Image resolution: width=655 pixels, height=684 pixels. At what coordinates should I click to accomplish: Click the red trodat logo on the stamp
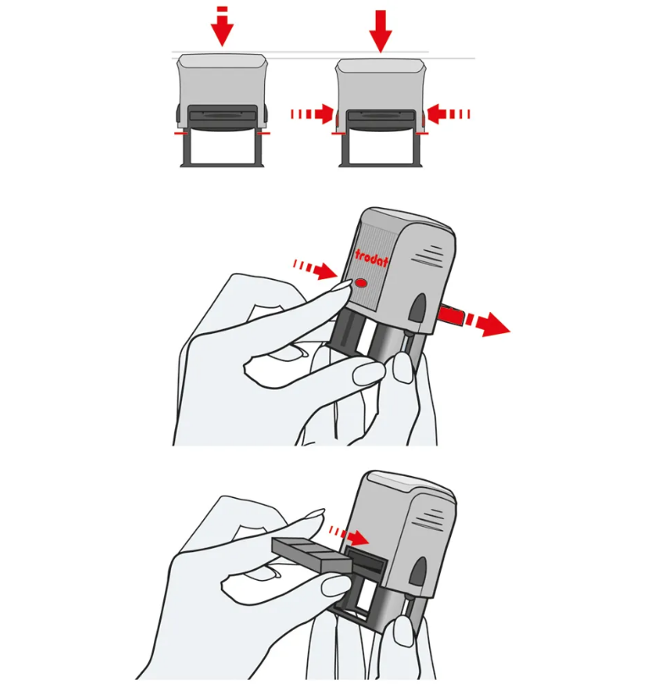tap(372, 258)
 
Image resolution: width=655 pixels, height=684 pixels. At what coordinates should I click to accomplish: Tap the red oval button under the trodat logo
tap(361, 283)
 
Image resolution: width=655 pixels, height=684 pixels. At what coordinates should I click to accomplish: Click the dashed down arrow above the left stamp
tap(223, 26)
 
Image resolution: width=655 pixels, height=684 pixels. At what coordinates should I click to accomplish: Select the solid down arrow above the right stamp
tap(381, 30)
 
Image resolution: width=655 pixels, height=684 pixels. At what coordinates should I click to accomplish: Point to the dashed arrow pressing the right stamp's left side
tap(312, 114)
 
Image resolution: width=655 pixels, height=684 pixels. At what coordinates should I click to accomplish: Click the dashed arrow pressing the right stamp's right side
tap(449, 114)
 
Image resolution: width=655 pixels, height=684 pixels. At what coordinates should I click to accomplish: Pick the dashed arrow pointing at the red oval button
tap(316, 269)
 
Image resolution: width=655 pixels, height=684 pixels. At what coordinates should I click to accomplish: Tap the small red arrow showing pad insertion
tap(350, 536)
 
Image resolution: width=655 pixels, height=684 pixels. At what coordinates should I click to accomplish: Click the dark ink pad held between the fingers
tap(311, 554)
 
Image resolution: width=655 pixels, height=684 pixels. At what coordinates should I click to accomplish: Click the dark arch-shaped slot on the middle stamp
tap(417, 308)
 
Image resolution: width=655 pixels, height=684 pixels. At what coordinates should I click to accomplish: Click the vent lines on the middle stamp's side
tap(427, 254)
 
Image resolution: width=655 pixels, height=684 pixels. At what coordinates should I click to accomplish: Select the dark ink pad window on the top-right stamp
tap(381, 117)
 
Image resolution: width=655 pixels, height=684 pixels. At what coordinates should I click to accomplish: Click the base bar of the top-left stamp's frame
tap(223, 165)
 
